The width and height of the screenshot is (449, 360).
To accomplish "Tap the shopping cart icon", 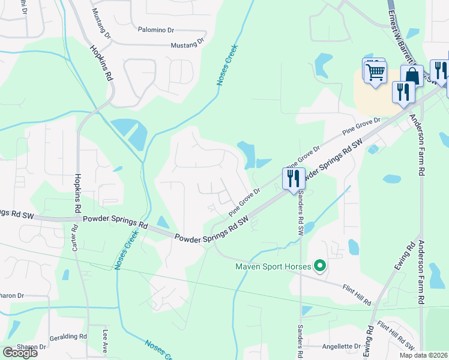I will (375, 72).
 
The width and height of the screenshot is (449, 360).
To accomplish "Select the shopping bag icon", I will (412, 77).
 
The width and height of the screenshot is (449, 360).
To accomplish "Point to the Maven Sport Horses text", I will (273, 266).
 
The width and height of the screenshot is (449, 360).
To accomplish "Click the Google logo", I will (20, 353).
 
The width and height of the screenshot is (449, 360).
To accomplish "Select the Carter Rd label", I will (74, 237).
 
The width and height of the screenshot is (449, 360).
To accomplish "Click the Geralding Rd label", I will (68, 337).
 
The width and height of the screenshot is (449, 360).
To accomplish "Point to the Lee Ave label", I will (105, 340).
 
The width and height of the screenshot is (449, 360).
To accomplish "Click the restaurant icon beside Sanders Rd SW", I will (293, 178).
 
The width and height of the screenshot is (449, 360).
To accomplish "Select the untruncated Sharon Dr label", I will (31, 347).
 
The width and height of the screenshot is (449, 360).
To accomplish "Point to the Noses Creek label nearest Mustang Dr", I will (228, 64).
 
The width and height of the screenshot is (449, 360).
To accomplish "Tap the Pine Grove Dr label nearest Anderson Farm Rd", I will (361, 125).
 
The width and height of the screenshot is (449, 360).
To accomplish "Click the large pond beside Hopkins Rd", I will (131, 133).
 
